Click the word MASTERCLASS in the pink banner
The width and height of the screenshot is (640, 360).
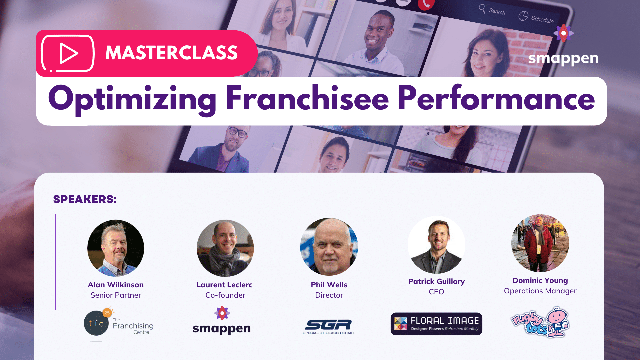coord(171,53)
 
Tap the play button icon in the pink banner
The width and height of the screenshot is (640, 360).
coord(68,53)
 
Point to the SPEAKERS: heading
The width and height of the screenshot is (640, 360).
coord(85,199)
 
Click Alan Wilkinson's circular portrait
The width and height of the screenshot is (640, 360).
coord(116,248)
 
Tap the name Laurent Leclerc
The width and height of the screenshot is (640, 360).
coord(224,285)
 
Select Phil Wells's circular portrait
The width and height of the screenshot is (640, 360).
coord(329,247)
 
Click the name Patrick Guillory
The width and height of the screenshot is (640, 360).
coord(436,281)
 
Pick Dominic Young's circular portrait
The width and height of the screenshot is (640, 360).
coord(540,243)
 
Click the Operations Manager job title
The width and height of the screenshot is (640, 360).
coord(540,291)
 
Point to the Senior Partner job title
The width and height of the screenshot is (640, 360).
coord(116,295)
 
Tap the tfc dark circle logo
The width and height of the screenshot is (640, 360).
coord(96,323)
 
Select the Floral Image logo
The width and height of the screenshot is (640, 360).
coord(436,324)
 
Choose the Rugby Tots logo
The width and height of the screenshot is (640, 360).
coord(540,323)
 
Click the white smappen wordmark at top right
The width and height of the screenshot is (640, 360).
coord(563,58)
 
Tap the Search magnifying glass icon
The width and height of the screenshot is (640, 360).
coord(482,8)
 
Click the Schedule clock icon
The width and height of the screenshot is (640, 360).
coord(523,16)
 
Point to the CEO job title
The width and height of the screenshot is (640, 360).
coord(436,292)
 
